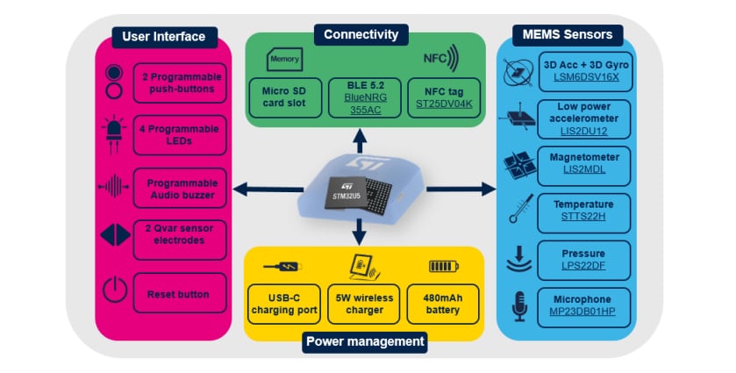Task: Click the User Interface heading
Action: point(164,37)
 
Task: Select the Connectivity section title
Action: point(361,34)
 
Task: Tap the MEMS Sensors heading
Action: point(568,35)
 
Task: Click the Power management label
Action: point(364,341)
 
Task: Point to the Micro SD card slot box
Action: point(282,97)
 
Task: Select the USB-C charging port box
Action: point(282,304)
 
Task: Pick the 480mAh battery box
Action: point(445,304)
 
